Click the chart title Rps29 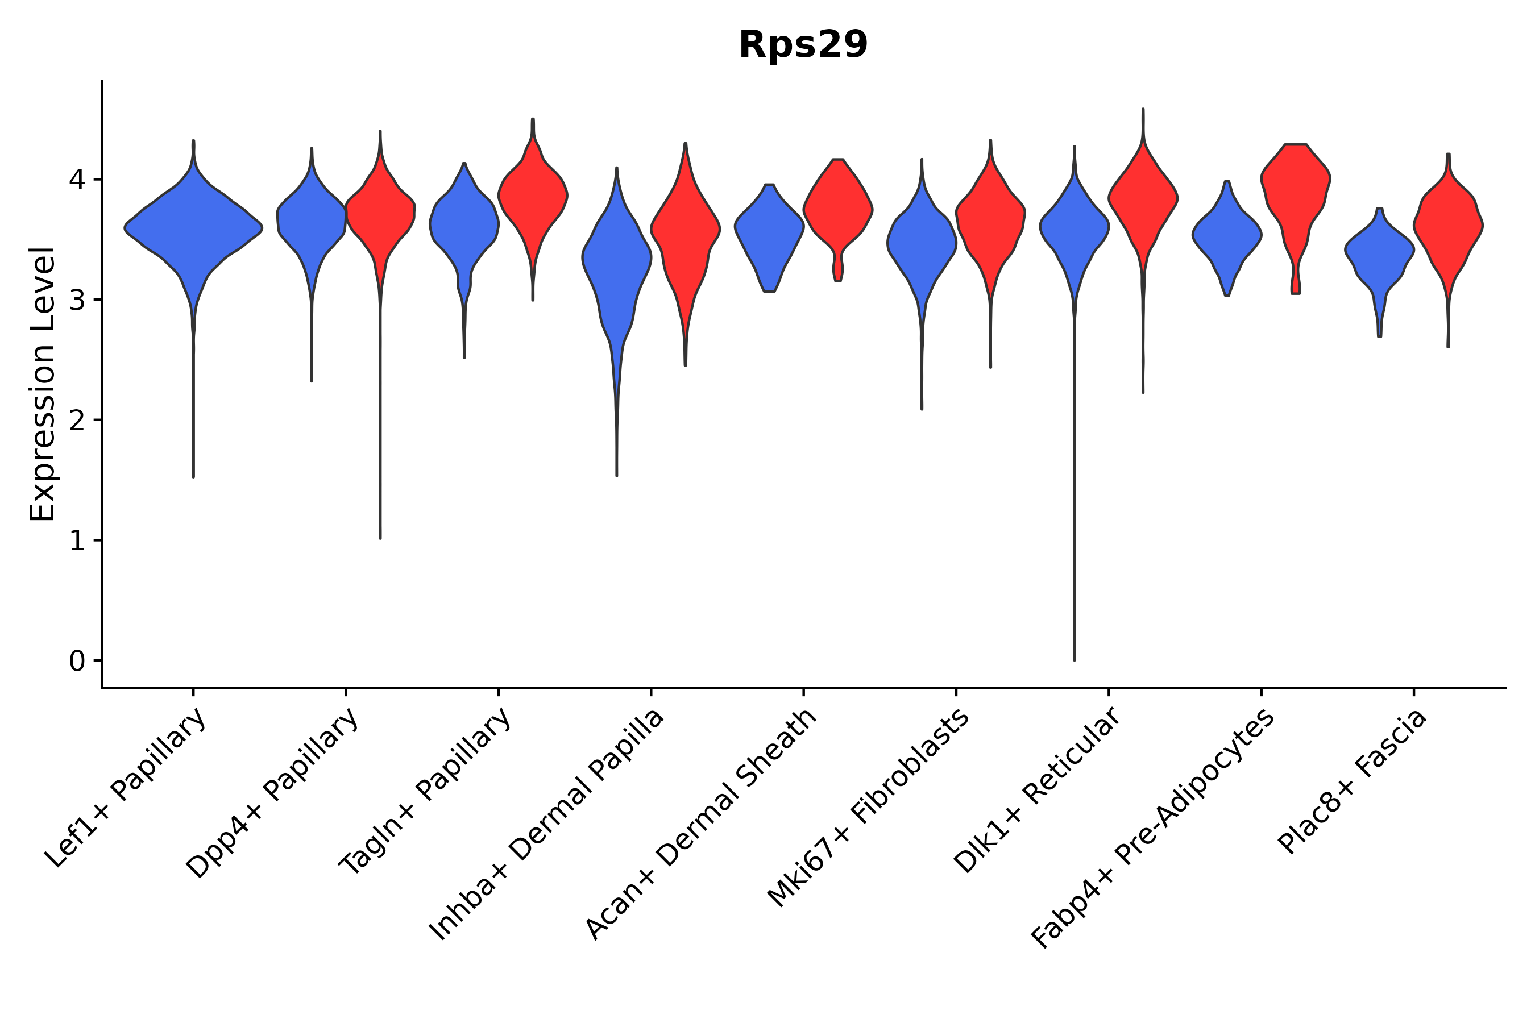pyautogui.click(x=803, y=45)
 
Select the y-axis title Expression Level pyautogui.click(x=43, y=384)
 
